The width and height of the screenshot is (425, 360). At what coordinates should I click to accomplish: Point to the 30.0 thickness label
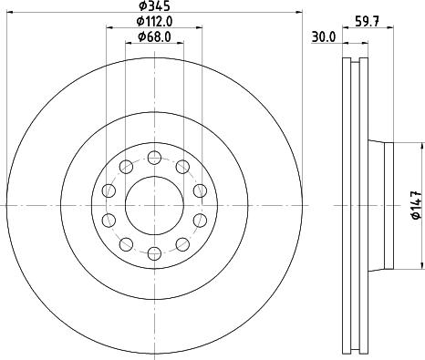point(323,38)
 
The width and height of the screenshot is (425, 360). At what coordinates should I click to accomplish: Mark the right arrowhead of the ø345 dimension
point(298,13)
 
